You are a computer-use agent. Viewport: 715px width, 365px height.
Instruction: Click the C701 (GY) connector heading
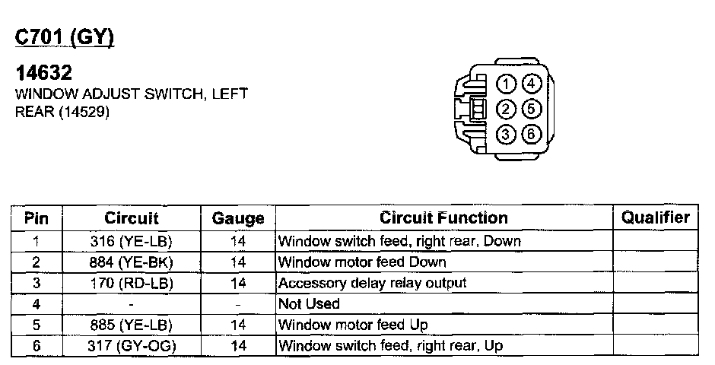click(65, 37)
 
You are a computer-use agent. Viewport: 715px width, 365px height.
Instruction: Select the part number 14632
click(44, 74)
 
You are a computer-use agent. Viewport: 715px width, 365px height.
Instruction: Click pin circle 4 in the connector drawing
click(532, 84)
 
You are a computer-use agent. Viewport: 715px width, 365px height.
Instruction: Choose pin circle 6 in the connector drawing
click(532, 135)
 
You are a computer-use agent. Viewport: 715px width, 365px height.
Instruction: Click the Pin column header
click(37, 218)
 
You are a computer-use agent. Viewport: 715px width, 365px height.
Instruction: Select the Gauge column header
click(237, 218)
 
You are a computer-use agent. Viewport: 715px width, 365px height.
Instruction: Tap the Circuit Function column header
click(443, 218)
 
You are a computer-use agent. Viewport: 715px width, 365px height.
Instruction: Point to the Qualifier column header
click(656, 217)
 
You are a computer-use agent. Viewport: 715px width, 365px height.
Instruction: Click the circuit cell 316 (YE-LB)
click(132, 242)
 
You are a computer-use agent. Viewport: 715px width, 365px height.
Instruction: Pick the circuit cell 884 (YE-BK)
click(132, 262)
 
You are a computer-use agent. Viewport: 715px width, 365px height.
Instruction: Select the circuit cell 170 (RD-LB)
click(132, 283)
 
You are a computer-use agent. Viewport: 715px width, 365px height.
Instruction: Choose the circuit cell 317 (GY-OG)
click(132, 346)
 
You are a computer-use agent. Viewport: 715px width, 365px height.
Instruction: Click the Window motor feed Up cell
click(353, 325)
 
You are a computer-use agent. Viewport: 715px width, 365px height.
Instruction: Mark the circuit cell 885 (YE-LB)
click(132, 325)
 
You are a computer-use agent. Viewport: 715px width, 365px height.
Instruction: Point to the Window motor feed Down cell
click(362, 262)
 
